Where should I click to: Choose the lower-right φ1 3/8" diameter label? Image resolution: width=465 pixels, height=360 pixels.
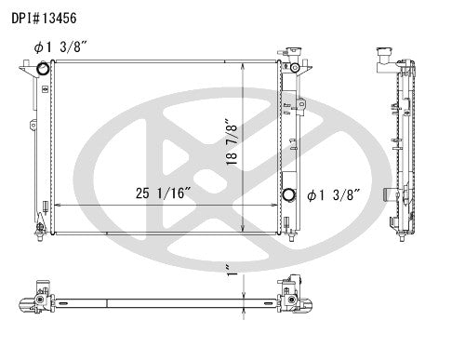click(333, 195)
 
